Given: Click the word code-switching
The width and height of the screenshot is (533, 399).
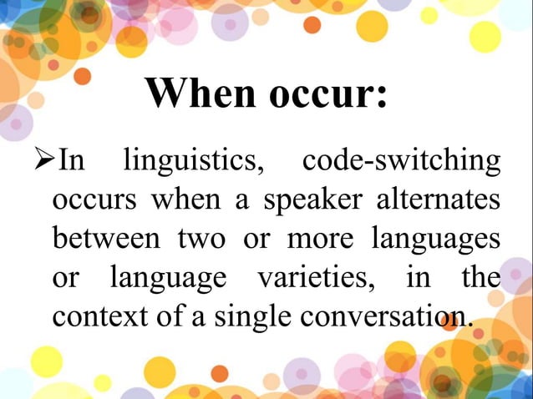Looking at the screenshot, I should [402, 160].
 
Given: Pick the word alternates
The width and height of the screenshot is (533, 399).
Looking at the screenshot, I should [438, 199].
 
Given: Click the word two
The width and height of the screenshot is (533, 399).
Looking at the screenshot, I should [201, 238].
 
